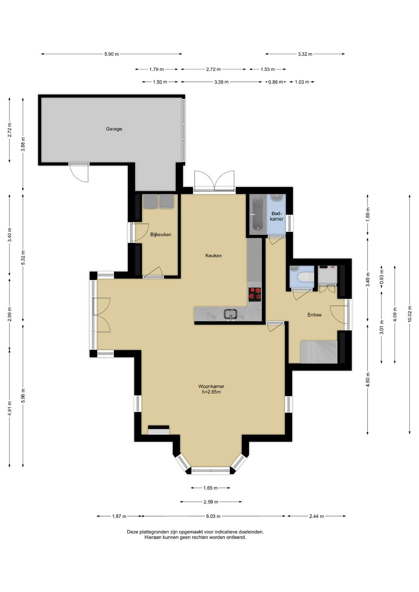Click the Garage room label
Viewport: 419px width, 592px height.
(114, 129)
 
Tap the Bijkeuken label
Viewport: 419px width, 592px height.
(161, 235)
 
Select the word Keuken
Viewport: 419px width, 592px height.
(213, 256)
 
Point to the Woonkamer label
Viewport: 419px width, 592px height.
(211, 386)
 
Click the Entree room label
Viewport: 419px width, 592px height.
(314, 315)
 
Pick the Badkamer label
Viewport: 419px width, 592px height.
(276, 216)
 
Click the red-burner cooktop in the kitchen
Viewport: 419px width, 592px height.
(255, 295)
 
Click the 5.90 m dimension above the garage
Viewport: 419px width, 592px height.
(111, 54)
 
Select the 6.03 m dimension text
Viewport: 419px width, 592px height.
(213, 516)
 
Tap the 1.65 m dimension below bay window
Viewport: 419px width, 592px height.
(210, 488)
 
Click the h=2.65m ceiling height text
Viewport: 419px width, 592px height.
(211, 392)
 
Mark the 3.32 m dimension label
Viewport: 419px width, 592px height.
(305, 54)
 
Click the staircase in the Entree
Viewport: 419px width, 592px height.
(319, 352)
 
